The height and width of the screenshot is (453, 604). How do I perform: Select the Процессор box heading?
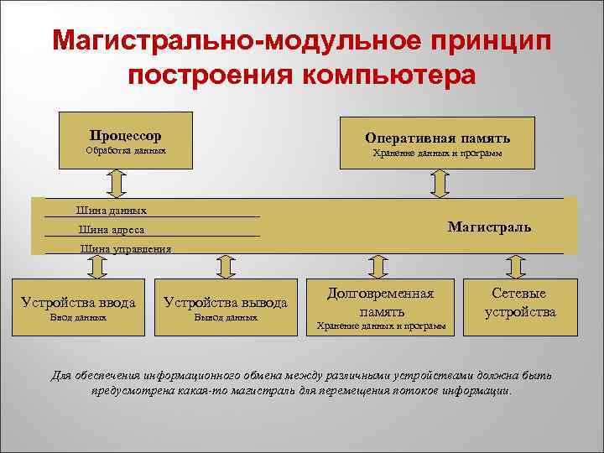[126, 135]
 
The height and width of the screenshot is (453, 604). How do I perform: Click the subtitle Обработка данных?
[126, 151]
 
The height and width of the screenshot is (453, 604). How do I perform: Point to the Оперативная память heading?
[437, 138]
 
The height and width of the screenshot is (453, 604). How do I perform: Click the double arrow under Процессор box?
[116, 182]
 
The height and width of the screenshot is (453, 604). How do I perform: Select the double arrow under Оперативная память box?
[438, 183]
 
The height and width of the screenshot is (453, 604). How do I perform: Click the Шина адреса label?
[111, 230]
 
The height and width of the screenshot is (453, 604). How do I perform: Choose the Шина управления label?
[125, 248]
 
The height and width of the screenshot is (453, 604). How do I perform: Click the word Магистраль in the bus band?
[489, 226]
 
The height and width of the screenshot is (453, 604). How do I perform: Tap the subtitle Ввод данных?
[78, 319]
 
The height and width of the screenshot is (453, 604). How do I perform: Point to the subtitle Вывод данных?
[225, 319]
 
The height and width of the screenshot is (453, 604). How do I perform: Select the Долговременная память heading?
[380, 302]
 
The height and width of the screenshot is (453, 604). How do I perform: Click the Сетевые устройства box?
[518, 303]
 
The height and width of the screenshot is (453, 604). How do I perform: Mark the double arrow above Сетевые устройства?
[517, 267]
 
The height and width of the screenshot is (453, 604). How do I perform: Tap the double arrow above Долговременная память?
[377, 267]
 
